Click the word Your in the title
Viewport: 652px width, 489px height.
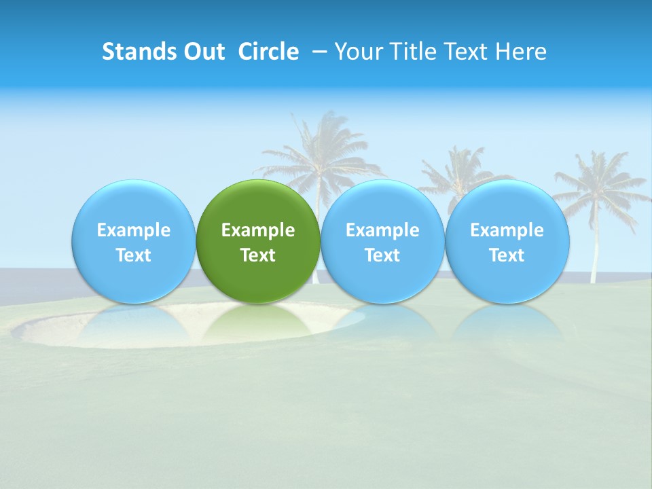click(x=356, y=52)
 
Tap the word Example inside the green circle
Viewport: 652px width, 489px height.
click(x=258, y=230)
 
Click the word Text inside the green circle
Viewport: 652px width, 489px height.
click(x=258, y=255)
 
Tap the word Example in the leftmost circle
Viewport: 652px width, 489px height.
click(x=133, y=230)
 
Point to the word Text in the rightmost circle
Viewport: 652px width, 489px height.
click(x=507, y=255)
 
